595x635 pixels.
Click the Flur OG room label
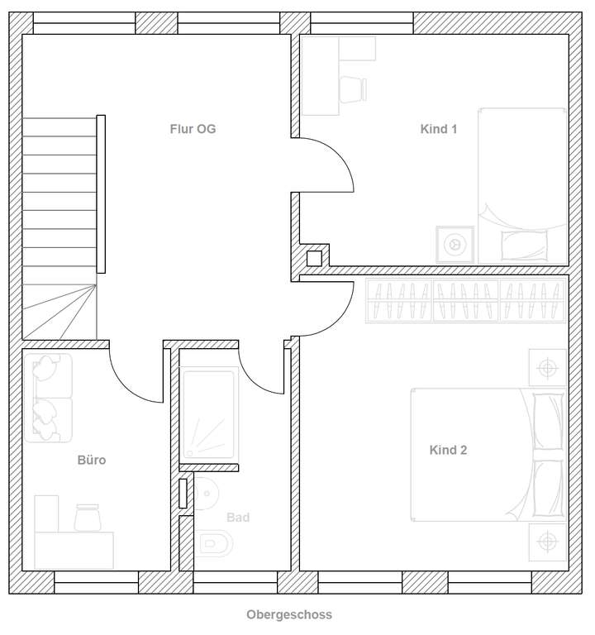pyautogui.click(x=193, y=129)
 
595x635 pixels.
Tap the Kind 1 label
pyautogui.click(x=439, y=129)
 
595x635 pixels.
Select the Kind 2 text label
pyautogui.click(x=448, y=451)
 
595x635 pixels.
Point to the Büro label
pyautogui.click(x=92, y=461)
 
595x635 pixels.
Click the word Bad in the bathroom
pyautogui.click(x=238, y=518)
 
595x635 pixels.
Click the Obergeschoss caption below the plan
pyautogui.click(x=289, y=615)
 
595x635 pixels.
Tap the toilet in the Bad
pyautogui.click(x=214, y=543)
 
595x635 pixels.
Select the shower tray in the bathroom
pyautogui.click(x=210, y=414)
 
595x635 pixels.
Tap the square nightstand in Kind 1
pyautogui.click(x=455, y=245)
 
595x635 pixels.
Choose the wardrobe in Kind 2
pyautogui.click(x=466, y=299)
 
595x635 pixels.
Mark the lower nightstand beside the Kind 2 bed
pyautogui.click(x=547, y=542)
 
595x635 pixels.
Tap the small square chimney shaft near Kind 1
pyautogui.click(x=314, y=258)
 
